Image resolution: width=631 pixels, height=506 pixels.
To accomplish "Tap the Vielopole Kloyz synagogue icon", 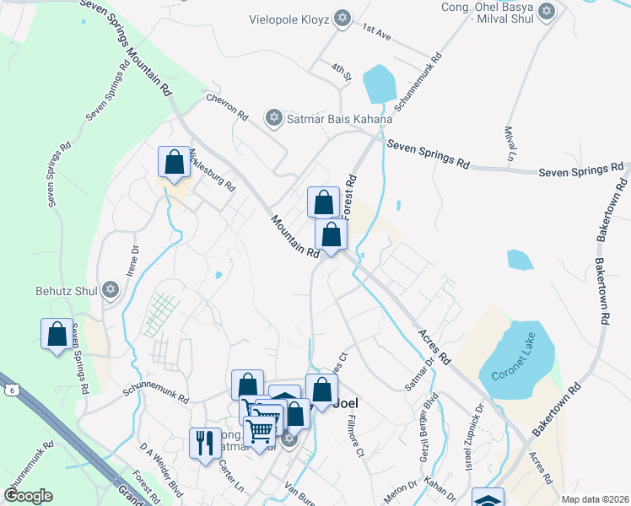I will (x=342, y=19).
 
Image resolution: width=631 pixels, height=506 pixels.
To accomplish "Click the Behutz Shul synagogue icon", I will (x=108, y=290).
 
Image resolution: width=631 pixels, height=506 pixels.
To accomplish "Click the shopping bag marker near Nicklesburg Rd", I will (x=174, y=162).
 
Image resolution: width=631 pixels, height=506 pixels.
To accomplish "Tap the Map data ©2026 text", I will (x=594, y=499).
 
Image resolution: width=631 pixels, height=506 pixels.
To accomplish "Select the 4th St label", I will (x=341, y=71).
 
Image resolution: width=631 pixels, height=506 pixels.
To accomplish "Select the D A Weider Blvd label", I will (x=160, y=465).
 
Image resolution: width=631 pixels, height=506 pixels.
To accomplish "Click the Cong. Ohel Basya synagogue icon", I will (x=547, y=12).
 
